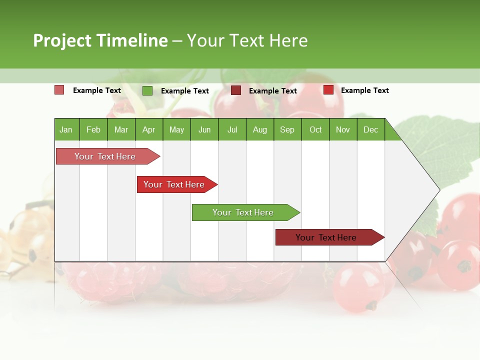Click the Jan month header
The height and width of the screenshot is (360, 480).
[x=66, y=129]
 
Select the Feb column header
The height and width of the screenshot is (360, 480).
[x=93, y=129]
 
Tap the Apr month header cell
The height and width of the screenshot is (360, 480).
[x=148, y=129]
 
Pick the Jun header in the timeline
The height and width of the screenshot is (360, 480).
[x=204, y=129]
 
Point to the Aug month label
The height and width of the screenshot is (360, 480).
[x=259, y=129]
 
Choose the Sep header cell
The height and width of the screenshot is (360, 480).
[x=287, y=129]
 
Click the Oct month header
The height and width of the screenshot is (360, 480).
[x=315, y=129]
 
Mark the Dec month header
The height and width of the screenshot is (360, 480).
[x=370, y=129]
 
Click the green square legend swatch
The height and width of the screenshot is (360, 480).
[x=147, y=90]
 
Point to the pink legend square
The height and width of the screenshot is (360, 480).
[x=59, y=90]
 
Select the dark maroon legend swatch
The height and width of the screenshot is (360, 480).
[x=236, y=90]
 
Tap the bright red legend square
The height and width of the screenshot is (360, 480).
[x=328, y=90]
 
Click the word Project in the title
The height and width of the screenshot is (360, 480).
[x=62, y=40]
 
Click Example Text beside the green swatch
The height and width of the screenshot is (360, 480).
[x=184, y=91]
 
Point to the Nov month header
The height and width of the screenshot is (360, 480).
[x=343, y=129]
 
